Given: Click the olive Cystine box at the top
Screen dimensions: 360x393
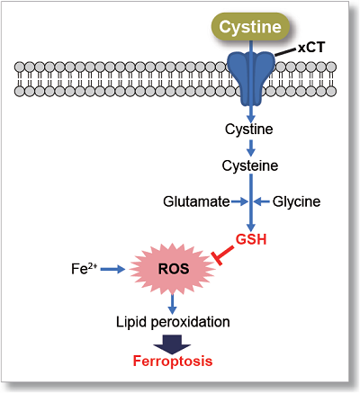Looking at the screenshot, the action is click(250, 27).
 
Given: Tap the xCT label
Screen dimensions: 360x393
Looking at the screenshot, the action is click(311, 48).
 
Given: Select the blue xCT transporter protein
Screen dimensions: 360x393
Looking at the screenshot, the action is click(251, 78).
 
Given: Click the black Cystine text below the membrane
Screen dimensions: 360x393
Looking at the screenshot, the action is click(249, 130).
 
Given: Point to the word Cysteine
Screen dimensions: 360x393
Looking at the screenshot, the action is click(250, 165).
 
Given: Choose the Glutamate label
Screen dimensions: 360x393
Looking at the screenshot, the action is click(196, 201).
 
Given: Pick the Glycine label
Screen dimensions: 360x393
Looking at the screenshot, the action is click(296, 201).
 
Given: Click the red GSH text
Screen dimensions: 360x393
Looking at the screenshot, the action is click(251, 239).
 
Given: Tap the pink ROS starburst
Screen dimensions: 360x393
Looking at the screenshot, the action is click(173, 269).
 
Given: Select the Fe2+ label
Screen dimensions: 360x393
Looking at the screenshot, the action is click(84, 268).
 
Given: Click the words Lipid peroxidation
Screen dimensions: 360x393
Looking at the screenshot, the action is click(173, 322).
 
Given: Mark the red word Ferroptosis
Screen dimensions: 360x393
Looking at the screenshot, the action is click(173, 361).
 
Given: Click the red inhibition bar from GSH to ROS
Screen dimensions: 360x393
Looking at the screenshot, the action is click(223, 255).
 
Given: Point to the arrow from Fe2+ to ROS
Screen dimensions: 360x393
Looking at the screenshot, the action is click(112, 269).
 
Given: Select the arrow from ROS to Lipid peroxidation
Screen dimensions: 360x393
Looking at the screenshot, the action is click(172, 304).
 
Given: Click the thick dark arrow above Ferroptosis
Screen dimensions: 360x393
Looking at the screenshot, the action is click(172, 344).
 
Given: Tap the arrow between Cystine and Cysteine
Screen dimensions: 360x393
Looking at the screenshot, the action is click(251, 147).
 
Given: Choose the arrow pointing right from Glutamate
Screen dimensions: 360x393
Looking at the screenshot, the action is click(239, 202).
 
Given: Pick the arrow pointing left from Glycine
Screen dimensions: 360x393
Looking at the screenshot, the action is click(262, 202).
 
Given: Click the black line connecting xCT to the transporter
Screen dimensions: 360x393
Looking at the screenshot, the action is click(285, 53).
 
